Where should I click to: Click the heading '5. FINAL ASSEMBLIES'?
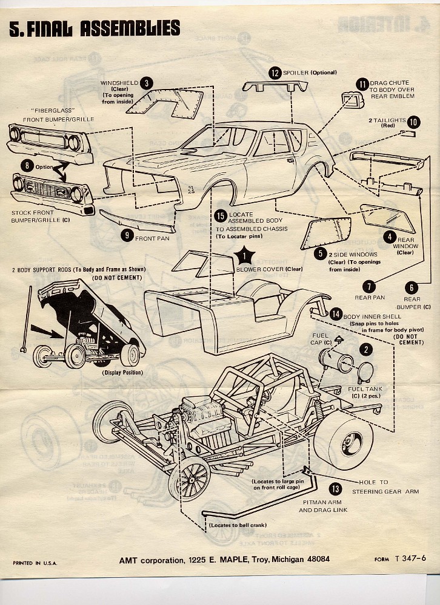(x=95, y=28)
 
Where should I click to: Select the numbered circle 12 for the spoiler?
(x=275, y=73)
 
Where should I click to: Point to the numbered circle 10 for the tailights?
(x=413, y=122)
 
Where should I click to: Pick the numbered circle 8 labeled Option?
(x=27, y=165)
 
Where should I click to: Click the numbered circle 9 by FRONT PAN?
(x=126, y=236)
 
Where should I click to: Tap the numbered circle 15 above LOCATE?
(x=221, y=215)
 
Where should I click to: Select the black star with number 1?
(x=246, y=257)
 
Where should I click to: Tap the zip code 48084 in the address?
(x=313, y=560)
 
